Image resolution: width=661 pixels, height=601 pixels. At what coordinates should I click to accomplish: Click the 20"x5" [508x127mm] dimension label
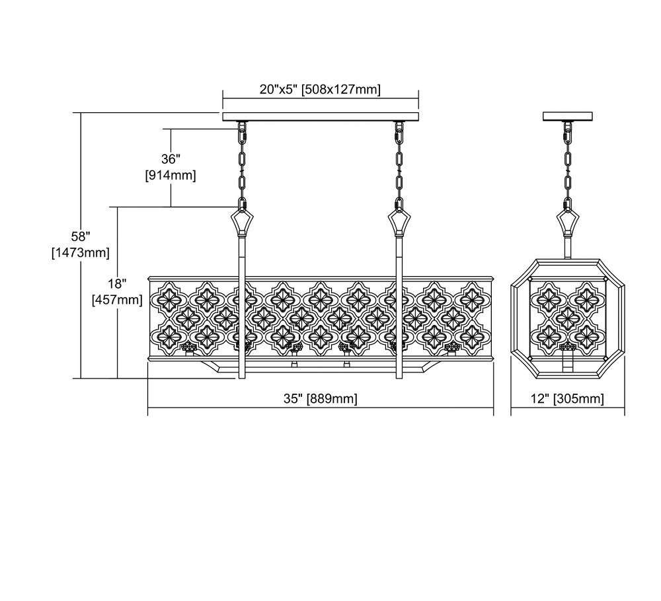pos(320,89)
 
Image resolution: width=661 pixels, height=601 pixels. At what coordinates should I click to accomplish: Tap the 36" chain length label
pos(171,159)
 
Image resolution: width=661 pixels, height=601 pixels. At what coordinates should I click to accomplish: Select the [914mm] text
pos(171,175)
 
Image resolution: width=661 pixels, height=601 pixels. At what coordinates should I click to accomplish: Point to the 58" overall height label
pos(81,236)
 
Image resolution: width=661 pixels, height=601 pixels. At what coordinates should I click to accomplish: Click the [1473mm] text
pos(81,252)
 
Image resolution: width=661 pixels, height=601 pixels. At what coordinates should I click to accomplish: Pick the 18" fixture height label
pos(117,283)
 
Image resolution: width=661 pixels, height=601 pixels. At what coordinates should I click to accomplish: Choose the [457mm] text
pos(117,299)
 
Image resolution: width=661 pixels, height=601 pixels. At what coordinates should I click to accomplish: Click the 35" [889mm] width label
pos(321,398)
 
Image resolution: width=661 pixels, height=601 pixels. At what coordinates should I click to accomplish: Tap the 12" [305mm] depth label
pos(567,398)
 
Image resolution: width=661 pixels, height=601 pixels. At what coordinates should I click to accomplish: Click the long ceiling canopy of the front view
pos(321,117)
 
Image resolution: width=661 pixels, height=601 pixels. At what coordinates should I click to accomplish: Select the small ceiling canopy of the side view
pos(567,116)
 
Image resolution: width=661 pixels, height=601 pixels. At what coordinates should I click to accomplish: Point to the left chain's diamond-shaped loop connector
pos(242,222)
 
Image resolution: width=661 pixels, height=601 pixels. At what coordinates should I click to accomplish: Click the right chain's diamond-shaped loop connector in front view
pos(399,222)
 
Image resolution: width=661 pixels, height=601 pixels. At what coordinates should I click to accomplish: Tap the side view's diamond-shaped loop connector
pos(567,222)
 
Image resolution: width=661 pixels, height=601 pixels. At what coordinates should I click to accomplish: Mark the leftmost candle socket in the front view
pos(189,347)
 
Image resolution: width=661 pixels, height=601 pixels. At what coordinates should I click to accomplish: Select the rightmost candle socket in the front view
pos(452,347)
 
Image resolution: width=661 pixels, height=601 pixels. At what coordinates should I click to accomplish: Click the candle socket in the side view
pos(567,347)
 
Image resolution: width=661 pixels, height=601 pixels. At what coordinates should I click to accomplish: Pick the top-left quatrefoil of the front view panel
pos(170,298)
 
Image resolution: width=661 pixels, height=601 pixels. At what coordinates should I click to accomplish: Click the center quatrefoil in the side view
pos(567,318)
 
